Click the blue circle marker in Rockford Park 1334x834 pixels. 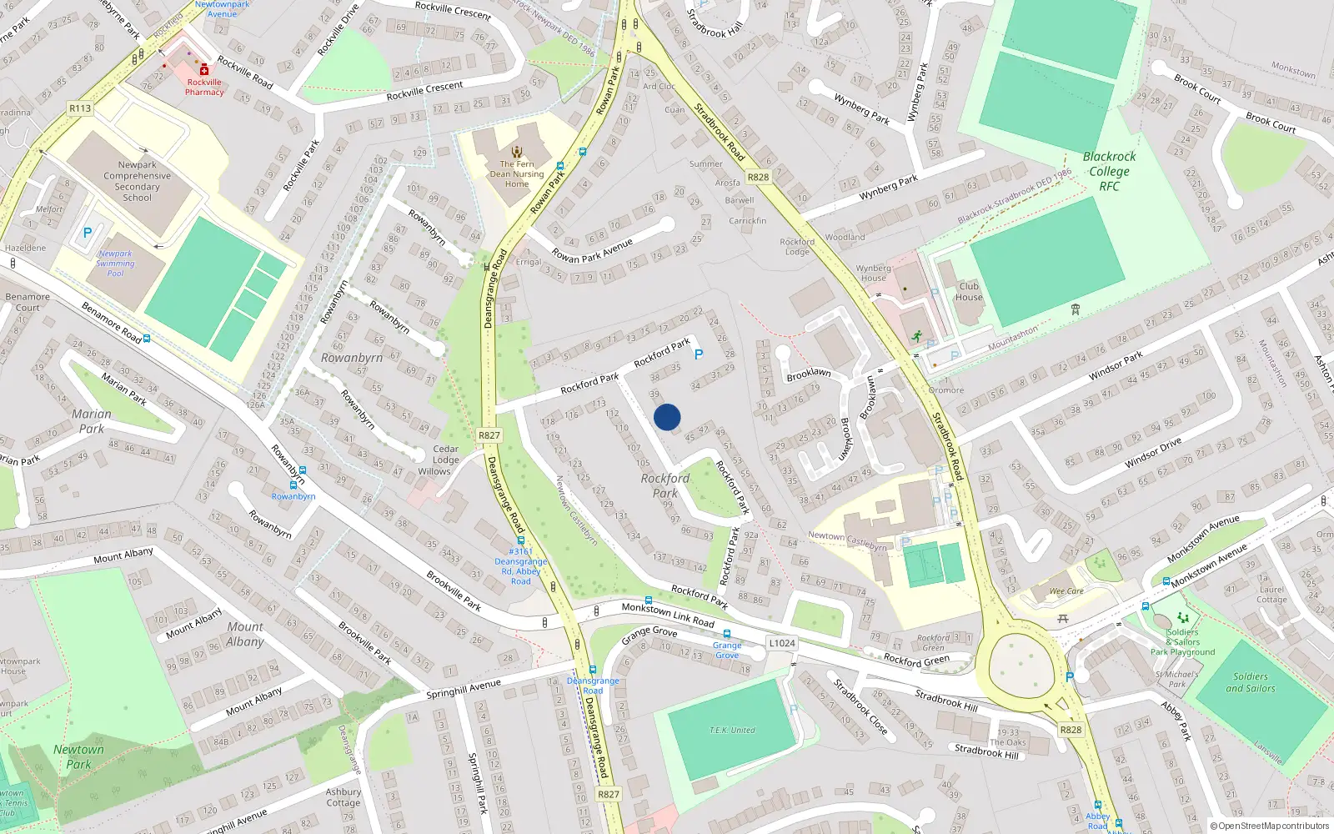[x=667, y=417]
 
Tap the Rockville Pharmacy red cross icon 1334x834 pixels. [x=204, y=71]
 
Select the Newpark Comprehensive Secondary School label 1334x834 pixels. [x=137, y=181]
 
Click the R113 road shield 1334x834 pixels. [x=80, y=108]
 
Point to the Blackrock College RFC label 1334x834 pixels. [x=1109, y=171]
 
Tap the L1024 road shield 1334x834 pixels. [x=782, y=643]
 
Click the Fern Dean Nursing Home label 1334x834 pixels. [x=517, y=173]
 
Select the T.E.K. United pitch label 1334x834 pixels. [x=732, y=731]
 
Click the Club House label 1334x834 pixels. [x=969, y=291]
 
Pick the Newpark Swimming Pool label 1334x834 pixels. [x=115, y=264]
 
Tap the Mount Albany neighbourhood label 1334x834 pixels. [x=244, y=634]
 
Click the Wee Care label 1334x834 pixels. [x=1066, y=591]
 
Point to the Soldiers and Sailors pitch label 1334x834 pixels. [x=1250, y=682]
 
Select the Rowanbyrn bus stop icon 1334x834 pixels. [x=293, y=484]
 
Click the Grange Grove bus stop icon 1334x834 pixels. [x=726, y=635]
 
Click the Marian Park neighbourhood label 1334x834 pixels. [x=91, y=421]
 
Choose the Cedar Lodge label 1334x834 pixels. [x=445, y=455]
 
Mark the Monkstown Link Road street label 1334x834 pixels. [x=667, y=615]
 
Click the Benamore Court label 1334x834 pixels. [x=28, y=302]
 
